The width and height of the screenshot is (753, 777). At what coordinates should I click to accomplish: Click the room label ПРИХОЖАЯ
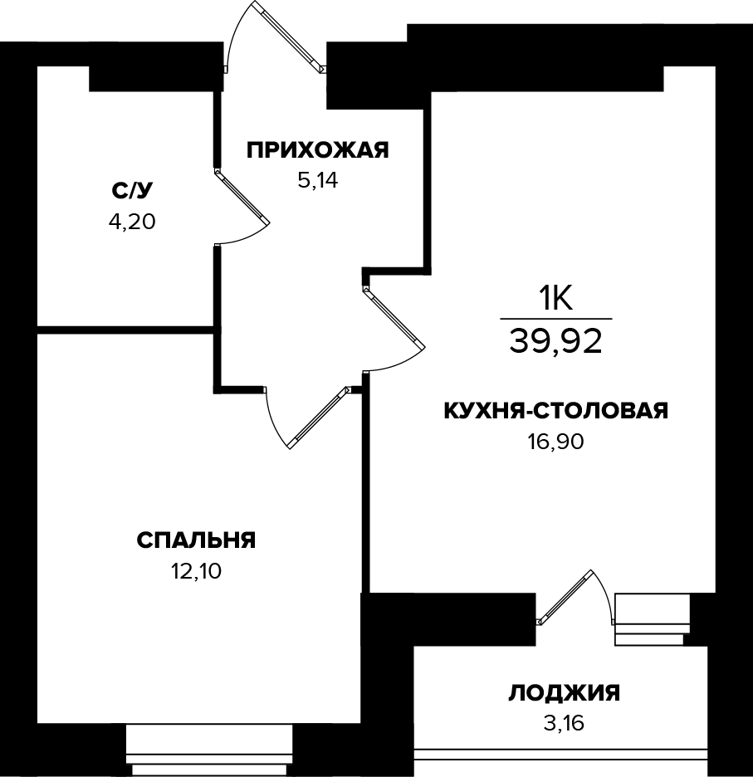tap(318, 150)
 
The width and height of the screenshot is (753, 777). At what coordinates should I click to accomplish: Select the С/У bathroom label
tap(133, 191)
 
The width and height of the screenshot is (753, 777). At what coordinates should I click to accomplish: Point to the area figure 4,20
tap(133, 222)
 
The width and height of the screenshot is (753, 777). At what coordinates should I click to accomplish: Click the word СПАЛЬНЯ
tap(196, 540)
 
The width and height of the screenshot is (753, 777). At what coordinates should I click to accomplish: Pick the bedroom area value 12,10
tap(196, 571)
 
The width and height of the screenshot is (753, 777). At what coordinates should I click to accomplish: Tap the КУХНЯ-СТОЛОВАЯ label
tap(556, 411)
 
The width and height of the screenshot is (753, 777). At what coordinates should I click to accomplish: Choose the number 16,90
tap(556, 442)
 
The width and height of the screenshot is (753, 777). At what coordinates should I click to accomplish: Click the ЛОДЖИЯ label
tap(564, 692)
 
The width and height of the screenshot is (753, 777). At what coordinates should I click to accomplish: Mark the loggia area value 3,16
tap(564, 723)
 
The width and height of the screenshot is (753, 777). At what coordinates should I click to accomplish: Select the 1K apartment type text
tap(556, 297)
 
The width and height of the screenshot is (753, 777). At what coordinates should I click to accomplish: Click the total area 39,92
tap(556, 341)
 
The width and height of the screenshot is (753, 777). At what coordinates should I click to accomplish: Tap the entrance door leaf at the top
tap(288, 36)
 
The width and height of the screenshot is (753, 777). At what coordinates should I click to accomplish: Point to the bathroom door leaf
tap(242, 196)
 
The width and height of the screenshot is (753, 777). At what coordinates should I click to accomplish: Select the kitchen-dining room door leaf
tap(394, 316)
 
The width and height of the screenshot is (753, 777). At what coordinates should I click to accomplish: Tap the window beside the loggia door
tap(652, 619)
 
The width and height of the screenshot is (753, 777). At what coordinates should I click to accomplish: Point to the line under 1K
tap(556, 319)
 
